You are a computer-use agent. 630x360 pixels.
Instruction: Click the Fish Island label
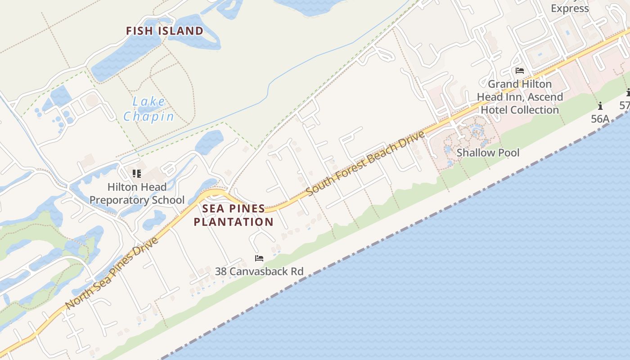(164, 31)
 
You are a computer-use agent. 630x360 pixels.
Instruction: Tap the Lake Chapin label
(149, 109)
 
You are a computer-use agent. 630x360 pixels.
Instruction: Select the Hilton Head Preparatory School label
(137, 193)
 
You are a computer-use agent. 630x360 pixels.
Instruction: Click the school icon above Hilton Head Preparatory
(137, 174)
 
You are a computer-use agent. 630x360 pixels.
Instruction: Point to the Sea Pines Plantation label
(234, 215)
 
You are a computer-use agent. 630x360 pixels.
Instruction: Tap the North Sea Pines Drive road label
(112, 274)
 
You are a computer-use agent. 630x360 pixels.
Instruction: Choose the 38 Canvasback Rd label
(259, 271)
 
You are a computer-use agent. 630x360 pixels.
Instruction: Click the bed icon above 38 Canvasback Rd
(259, 258)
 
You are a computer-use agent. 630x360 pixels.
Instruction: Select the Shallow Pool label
(488, 153)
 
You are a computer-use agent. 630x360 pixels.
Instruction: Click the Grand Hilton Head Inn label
(520, 97)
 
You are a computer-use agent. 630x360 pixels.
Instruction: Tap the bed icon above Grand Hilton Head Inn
(520, 71)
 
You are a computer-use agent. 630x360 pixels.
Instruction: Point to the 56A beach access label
(600, 119)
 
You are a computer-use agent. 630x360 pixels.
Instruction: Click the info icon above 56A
(600, 106)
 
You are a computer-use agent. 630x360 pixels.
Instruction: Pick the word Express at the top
(570, 8)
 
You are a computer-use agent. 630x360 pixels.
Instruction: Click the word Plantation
(234, 222)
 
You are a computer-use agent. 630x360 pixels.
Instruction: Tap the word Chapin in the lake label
(149, 117)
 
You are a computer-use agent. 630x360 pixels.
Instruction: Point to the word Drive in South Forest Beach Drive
(410, 140)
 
